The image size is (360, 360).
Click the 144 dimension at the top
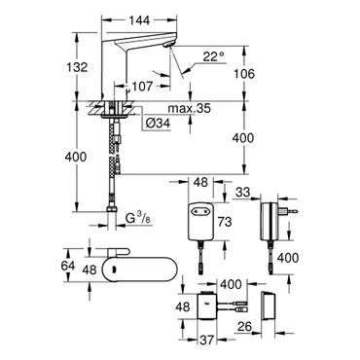[140, 20]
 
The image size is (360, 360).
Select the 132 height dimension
[77, 67]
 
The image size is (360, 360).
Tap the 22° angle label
[214, 57]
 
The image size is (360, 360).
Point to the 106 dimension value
[243, 74]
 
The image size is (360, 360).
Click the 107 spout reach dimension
[142, 87]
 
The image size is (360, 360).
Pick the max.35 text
[189, 108]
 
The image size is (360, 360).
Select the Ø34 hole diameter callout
[158, 124]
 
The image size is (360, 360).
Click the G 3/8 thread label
[138, 220]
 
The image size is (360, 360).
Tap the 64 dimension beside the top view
[68, 266]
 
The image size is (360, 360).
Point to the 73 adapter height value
[225, 222]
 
